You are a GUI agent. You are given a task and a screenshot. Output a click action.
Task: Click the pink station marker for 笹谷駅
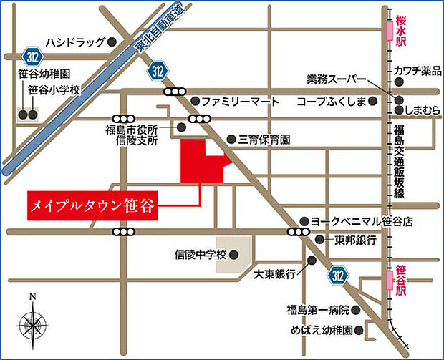pyautogui.click(x=390, y=276)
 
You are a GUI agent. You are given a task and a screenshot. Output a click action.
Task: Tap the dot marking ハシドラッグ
pyautogui.click(x=113, y=42)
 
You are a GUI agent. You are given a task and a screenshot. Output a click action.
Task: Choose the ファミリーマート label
pyautogui.click(x=240, y=102)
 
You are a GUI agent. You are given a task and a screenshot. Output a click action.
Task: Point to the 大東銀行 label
pyautogui.click(x=275, y=274)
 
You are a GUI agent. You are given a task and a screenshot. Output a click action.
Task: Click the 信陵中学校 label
pyautogui.click(x=201, y=254)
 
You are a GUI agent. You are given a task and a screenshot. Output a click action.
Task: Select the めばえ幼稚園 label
pyautogui.click(x=319, y=331)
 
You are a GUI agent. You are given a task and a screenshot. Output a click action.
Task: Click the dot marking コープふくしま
pyautogui.click(x=372, y=102)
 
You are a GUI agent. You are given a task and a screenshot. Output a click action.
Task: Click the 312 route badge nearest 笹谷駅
pyautogui.click(x=342, y=275)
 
